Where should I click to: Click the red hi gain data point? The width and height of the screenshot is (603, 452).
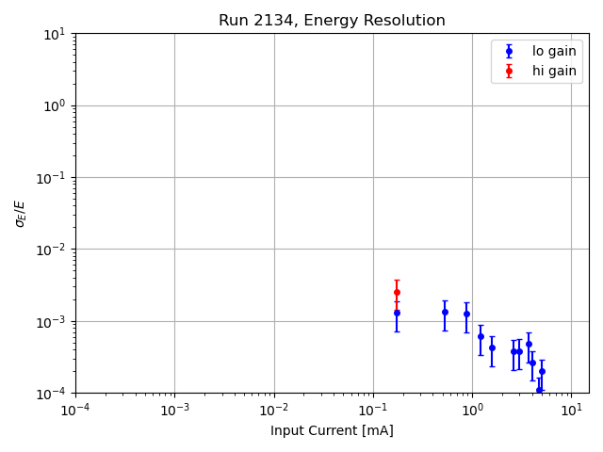coord(397,292)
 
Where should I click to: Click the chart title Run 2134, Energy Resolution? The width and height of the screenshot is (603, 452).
coord(332,21)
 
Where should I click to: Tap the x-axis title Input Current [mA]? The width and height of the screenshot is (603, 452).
coord(332,431)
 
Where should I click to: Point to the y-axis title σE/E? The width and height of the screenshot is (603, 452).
coord(20,213)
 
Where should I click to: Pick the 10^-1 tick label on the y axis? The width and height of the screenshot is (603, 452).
coord(51,178)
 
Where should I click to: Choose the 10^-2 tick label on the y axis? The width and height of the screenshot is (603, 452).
coord(51,250)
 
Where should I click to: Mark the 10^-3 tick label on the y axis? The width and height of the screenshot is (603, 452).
coord(51,321)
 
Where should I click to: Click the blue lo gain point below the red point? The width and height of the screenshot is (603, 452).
coord(397,313)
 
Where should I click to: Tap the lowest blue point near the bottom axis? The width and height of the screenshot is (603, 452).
coord(539,390)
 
